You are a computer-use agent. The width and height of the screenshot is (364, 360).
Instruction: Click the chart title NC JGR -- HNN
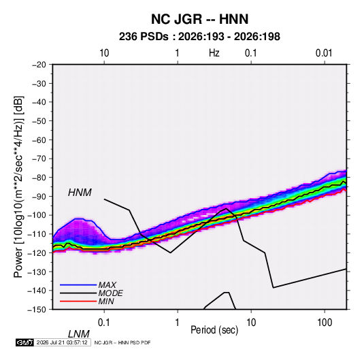(199, 19)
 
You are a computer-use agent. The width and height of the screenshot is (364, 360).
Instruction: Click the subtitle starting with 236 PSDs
(199, 37)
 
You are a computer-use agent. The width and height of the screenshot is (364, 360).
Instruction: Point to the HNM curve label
(80, 193)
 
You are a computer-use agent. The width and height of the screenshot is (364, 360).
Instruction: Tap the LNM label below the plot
(78, 334)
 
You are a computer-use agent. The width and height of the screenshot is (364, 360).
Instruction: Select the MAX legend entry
(107, 285)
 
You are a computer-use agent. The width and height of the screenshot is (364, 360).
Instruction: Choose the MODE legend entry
(110, 293)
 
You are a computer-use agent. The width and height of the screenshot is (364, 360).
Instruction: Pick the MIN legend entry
(106, 301)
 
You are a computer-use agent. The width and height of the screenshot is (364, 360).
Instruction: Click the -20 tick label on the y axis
(39, 65)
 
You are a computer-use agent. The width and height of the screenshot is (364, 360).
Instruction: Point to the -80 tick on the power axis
(39, 178)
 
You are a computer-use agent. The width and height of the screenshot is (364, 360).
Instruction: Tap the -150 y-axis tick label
(37, 310)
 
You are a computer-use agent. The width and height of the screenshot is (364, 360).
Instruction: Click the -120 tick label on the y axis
(37, 253)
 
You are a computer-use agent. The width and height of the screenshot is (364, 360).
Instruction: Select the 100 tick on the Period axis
(325, 323)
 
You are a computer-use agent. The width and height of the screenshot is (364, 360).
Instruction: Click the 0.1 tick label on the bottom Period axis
(104, 323)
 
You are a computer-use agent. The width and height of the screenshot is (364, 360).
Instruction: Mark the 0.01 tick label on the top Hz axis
(324, 53)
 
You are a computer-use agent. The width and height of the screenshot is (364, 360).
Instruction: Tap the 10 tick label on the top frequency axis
(104, 53)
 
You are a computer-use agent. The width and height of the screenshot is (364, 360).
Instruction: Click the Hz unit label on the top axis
(214, 53)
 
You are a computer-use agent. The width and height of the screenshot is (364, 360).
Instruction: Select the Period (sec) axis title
(214, 330)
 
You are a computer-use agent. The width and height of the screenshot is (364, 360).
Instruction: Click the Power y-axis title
(18, 187)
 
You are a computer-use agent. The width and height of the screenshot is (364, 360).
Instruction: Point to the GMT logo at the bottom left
(25, 342)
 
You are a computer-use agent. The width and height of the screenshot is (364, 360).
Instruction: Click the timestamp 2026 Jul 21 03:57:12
(62, 342)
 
